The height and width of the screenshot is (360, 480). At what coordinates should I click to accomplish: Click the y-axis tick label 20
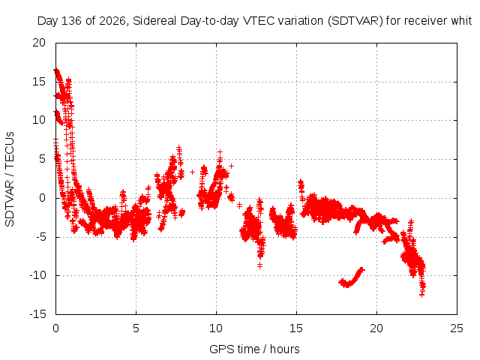(x=39, y=43)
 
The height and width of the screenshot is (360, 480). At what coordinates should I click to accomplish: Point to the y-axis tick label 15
(x=39, y=82)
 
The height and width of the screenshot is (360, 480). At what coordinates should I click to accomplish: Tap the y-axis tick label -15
(x=37, y=314)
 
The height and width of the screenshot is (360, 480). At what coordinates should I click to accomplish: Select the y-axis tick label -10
(x=37, y=275)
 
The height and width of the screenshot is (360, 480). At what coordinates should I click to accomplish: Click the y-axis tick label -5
(x=40, y=237)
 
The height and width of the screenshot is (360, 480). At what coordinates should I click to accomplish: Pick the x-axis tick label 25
(x=457, y=328)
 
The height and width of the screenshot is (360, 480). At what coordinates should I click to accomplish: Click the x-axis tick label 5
(x=136, y=328)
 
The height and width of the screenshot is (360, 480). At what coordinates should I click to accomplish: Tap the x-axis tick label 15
(x=296, y=328)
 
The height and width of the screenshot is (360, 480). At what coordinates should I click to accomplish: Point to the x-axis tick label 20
(x=376, y=328)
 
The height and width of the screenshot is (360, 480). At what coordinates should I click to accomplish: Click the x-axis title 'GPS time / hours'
(x=254, y=349)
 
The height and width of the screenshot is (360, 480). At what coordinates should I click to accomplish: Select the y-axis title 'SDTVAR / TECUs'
(x=10, y=179)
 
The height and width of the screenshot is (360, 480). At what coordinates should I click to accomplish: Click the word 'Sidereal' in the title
(x=154, y=21)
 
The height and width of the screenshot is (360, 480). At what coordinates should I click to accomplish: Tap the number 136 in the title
(x=72, y=21)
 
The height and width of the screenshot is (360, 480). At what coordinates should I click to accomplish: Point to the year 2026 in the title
(x=112, y=21)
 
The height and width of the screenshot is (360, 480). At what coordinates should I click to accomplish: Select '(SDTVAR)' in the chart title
(x=355, y=21)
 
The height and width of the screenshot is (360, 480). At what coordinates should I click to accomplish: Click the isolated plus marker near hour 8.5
(x=192, y=172)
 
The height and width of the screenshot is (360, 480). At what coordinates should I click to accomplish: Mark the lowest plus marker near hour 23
(x=421, y=295)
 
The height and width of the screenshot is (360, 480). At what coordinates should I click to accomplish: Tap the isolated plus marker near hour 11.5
(x=240, y=205)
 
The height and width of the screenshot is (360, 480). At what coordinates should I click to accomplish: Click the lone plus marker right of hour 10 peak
(x=232, y=166)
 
